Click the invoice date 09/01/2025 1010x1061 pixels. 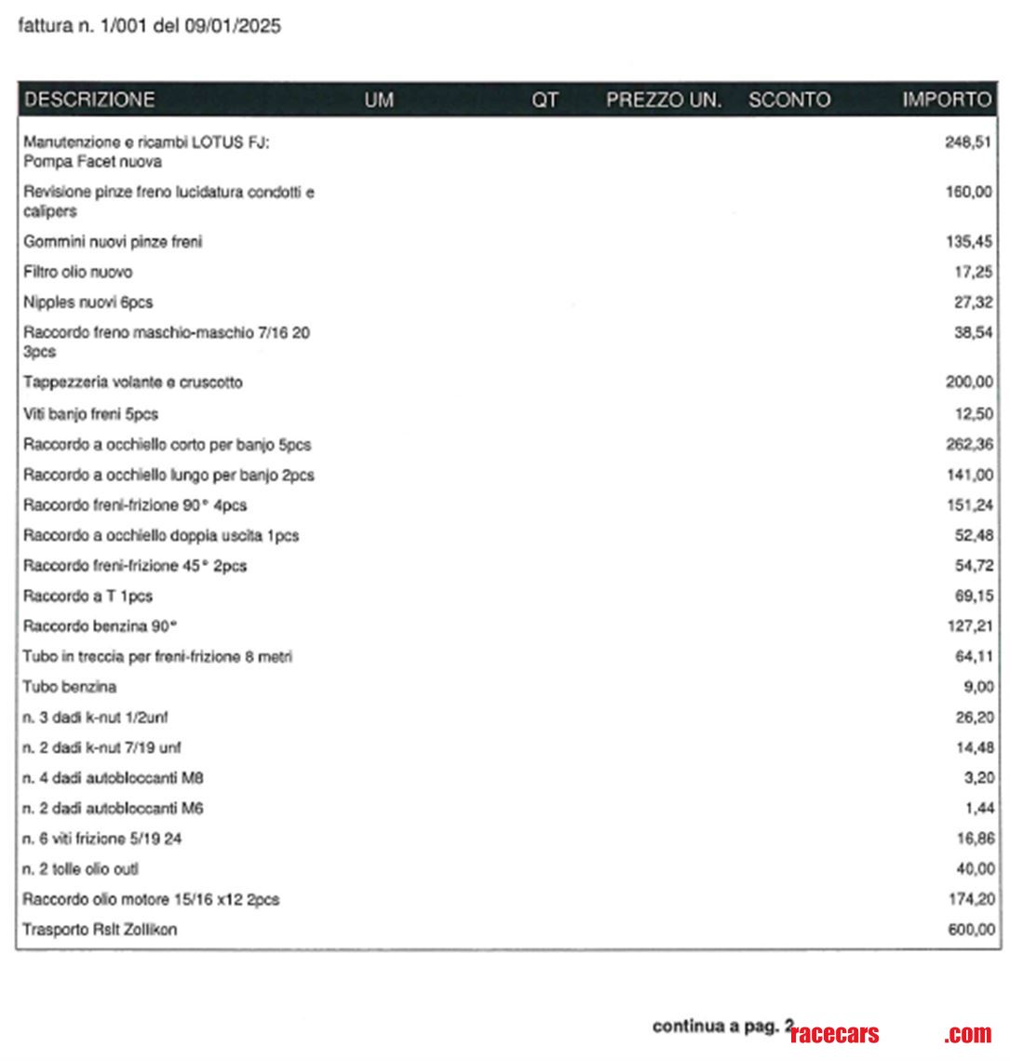(x=237, y=26)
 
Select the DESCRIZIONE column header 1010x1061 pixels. (x=89, y=100)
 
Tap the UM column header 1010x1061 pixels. (x=379, y=100)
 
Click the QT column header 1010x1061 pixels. (x=545, y=100)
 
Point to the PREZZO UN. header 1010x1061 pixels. (x=664, y=100)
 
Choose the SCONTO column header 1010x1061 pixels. (x=789, y=100)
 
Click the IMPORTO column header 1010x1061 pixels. (x=947, y=100)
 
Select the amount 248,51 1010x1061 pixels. (x=969, y=142)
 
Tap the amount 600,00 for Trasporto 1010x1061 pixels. (x=969, y=930)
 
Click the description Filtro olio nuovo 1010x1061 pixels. (x=78, y=272)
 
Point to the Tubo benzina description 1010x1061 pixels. (x=70, y=687)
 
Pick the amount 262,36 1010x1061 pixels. (x=969, y=444)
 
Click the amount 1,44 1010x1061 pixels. (x=977, y=808)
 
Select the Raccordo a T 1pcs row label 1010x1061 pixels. (x=88, y=596)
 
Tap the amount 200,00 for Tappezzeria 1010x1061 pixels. (x=969, y=383)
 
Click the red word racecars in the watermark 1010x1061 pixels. (x=834, y=1034)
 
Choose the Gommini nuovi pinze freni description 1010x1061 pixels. (x=113, y=242)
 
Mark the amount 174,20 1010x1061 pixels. (x=969, y=900)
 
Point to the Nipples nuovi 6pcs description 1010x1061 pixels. (x=88, y=302)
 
